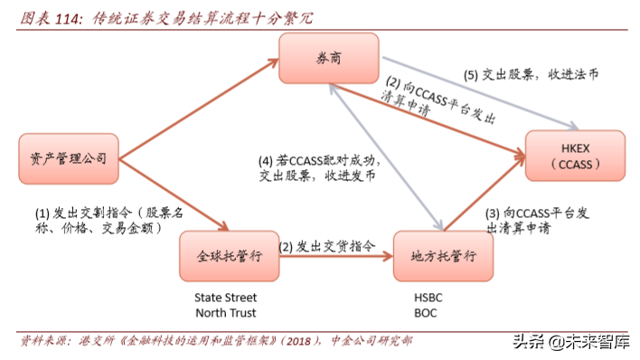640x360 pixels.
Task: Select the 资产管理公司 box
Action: click(x=68, y=159)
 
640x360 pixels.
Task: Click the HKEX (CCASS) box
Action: click(x=575, y=156)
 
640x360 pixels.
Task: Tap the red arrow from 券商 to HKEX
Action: click(x=434, y=113)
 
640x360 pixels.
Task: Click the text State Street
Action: click(x=226, y=297)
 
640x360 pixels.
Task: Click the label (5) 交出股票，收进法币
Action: click(x=532, y=75)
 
